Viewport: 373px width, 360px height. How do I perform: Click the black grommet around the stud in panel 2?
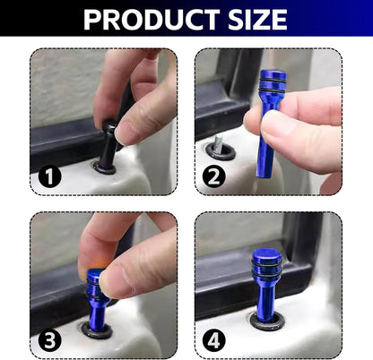click(219, 152)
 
